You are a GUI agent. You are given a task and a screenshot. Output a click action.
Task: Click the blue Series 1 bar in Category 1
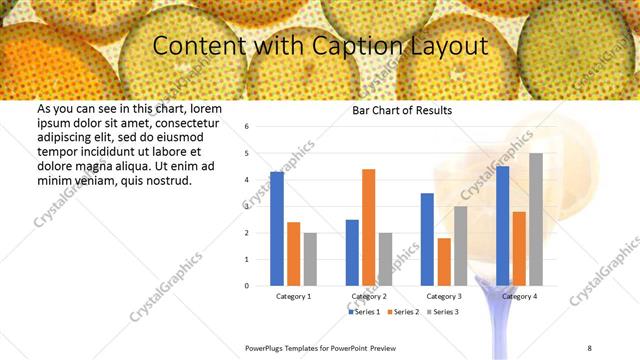click(x=277, y=229)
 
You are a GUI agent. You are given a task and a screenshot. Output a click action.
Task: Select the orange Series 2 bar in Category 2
click(x=368, y=227)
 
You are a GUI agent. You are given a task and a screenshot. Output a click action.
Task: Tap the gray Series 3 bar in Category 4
click(x=536, y=219)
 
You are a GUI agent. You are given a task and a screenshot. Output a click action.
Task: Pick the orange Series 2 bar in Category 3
click(x=444, y=261)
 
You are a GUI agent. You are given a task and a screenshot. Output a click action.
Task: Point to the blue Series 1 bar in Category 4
click(x=502, y=226)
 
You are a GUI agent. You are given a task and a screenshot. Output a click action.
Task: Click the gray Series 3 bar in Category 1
click(x=310, y=259)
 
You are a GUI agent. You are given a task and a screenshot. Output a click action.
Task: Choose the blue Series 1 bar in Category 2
click(x=352, y=252)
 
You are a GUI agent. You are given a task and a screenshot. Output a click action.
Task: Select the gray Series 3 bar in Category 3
click(x=460, y=246)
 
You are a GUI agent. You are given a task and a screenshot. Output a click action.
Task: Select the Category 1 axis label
click(x=293, y=297)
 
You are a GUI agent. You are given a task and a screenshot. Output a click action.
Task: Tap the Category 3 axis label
click(x=443, y=297)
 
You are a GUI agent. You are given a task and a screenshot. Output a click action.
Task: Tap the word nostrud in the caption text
click(x=167, y=181)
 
